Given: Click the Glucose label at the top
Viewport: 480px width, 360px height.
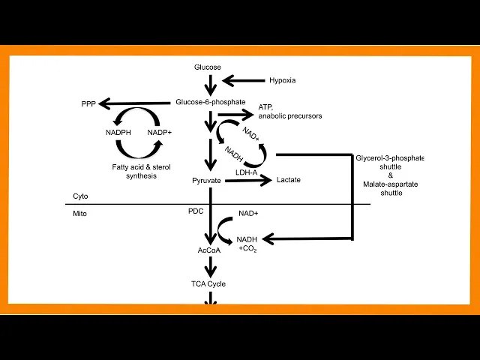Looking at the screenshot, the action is click(208, 67).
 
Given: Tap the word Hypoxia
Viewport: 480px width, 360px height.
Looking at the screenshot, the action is click(282, 79).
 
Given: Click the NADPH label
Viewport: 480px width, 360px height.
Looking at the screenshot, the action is click(118, 132).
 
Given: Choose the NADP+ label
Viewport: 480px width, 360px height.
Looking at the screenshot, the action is click(160, 132).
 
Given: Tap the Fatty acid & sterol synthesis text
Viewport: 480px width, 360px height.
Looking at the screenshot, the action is click(135, 171).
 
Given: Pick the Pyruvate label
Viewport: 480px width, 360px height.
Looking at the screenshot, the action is click(206, 181).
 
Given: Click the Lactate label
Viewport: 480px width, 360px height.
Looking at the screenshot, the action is click(289, 180).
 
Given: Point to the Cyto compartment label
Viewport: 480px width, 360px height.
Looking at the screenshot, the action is click(80, 196).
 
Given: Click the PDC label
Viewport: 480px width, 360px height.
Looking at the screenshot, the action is click(196, 211).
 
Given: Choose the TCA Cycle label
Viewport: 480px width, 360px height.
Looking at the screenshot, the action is click(208, 283).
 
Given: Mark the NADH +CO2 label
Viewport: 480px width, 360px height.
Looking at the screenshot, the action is click(247, 244).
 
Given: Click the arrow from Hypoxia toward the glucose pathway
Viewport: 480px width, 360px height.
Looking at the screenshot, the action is click(244, 79).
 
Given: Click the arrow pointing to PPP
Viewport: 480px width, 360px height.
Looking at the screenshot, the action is click(135, 103).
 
